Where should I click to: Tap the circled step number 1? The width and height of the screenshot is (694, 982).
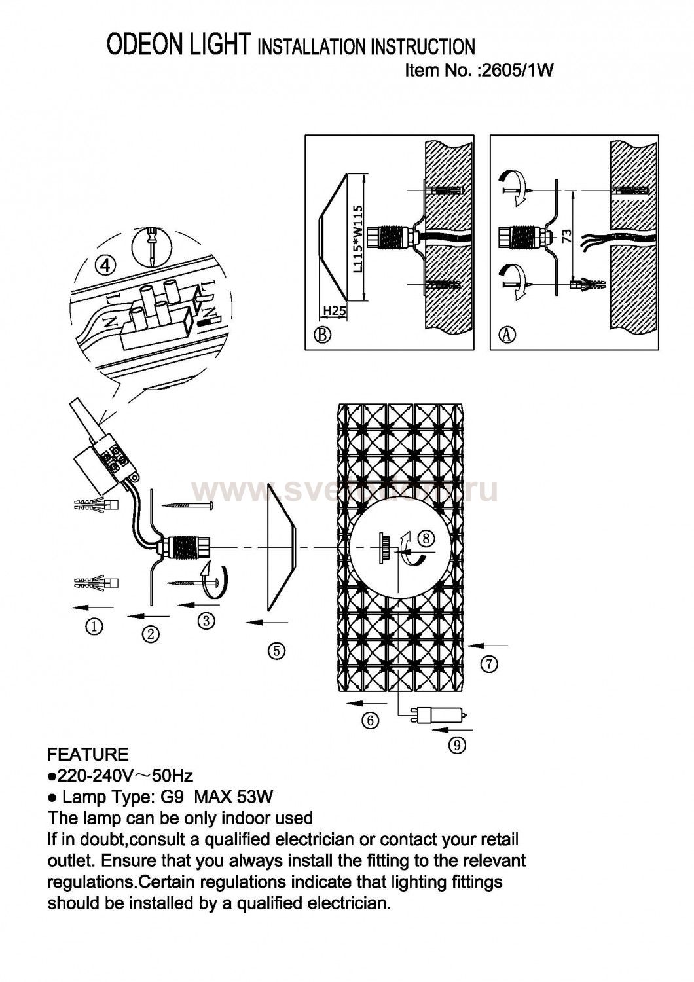pyautogui.click(x=95, y=627)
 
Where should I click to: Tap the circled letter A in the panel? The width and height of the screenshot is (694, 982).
pyautogui.click(x=507, y=335)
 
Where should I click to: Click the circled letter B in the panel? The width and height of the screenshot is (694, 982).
pyautogui.click(x=322, y=335)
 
